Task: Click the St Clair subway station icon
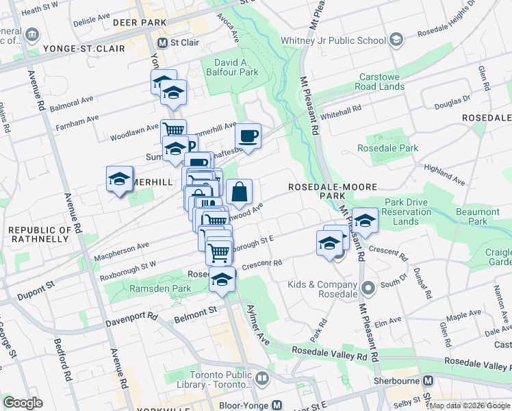coord(162,42)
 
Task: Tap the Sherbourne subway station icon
coord(428,380)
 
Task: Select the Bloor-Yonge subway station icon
coord(277,406)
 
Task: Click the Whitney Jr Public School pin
coord(396,40)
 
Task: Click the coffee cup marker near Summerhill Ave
coord(249,136)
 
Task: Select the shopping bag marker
coord(240,192)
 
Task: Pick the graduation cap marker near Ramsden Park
coord(221,279)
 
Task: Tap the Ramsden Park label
coord(160,289)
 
